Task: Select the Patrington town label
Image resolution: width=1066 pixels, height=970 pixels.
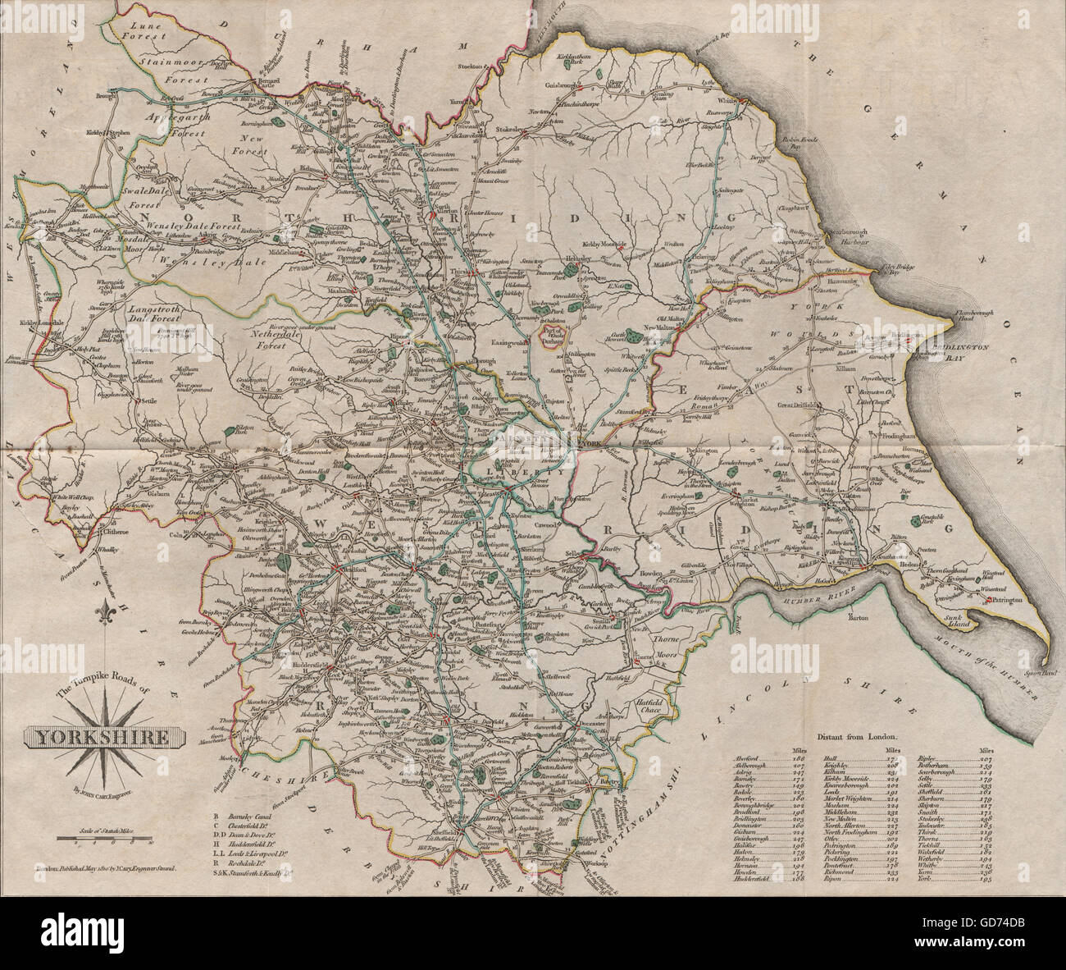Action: (x=1007, y=602)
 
